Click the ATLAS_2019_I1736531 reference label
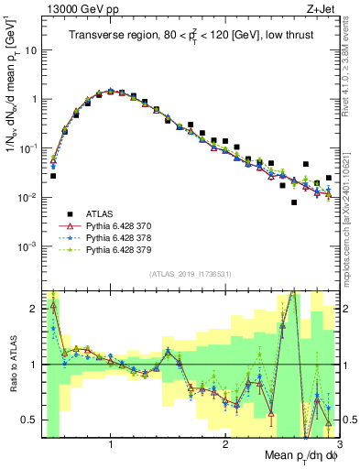[190, 274]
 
